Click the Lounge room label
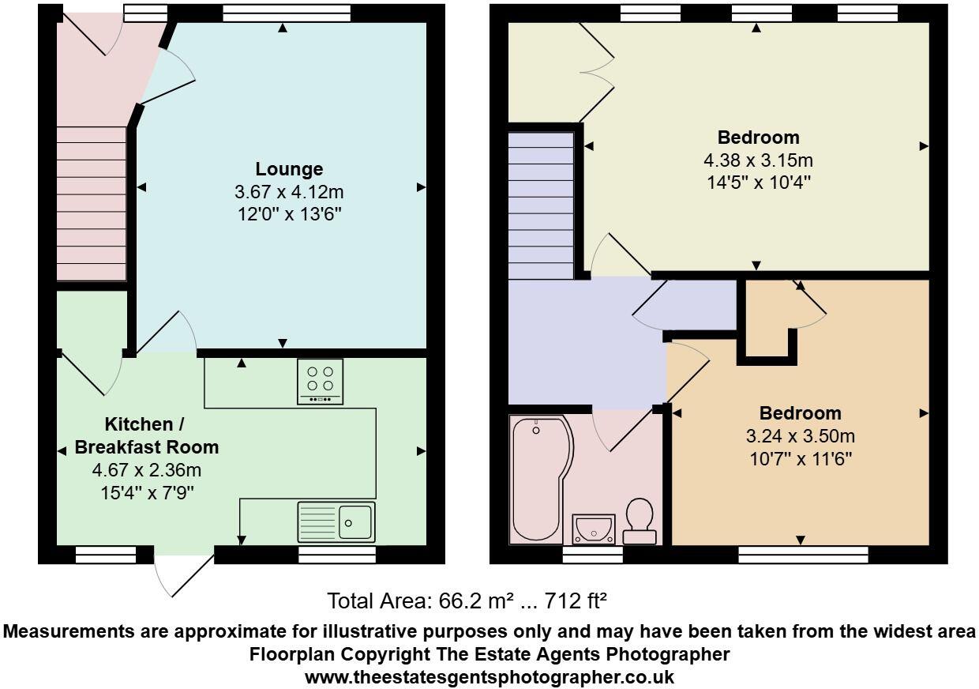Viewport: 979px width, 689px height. tap(289, 169)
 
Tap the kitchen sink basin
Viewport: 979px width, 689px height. tap(355, 521)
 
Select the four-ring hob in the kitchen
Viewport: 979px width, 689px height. tap(320, 381)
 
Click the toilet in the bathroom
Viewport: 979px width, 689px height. tap(639, 521)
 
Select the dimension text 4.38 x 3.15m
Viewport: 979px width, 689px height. tap(758, 160)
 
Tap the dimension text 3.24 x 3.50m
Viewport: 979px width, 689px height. tap(800, 436)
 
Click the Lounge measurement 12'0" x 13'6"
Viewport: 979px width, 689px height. tap(289, 213)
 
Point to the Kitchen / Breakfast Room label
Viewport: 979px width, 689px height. tap(147, 435)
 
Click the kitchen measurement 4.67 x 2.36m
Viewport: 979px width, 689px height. tap(147, 471)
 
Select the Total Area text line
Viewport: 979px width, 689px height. tap(467, 601)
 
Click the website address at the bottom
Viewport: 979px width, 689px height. tap(489, 677)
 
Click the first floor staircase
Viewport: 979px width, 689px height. tap(541, 205)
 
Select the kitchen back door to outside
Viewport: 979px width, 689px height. tap(184, 575)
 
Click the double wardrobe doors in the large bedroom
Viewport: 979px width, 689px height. tap(597, 72)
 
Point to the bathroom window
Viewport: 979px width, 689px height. tap(592, 556)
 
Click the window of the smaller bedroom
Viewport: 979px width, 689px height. tap(803, 555)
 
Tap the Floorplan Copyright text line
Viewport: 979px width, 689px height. tap(489, 654)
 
